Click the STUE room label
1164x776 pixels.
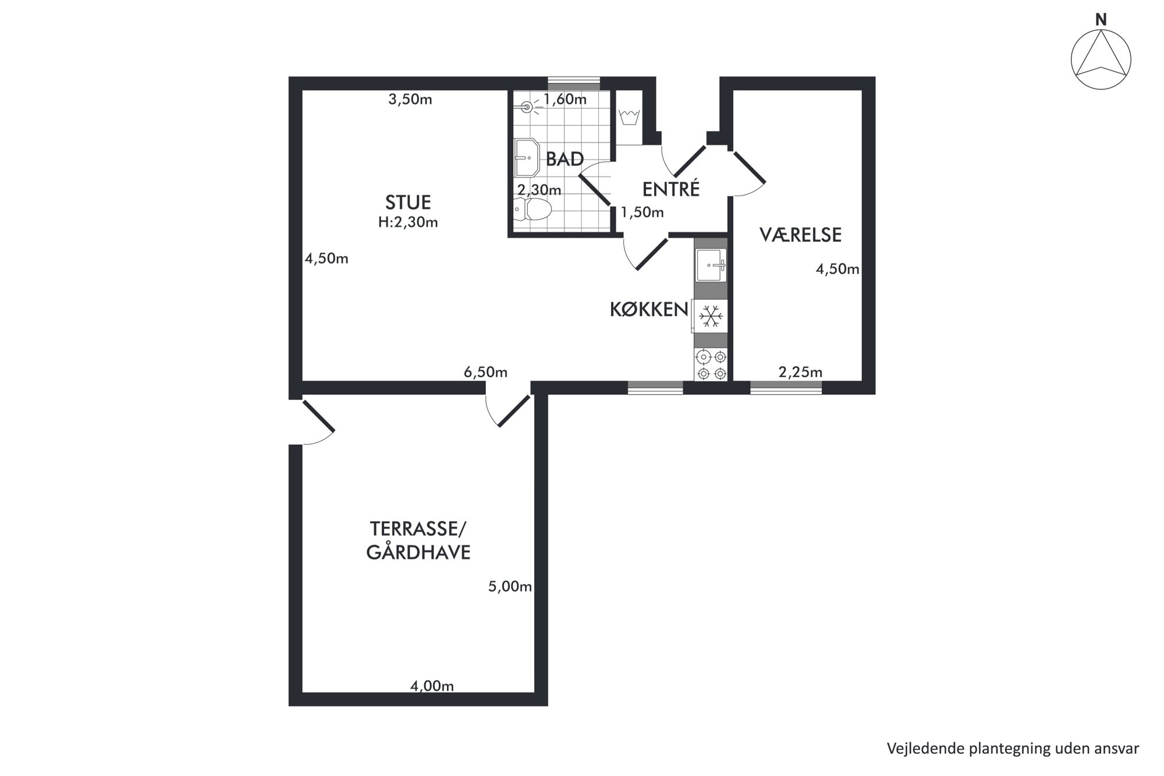click(x=408, y=203)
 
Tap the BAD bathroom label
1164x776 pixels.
click(x=565, y=159)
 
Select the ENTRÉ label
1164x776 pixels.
click(x=670, y=189)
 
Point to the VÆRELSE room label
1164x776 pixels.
click(x=800, y=235)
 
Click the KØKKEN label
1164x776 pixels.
click(x=649, y=310)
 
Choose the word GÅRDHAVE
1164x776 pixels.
click(x=418, y=552)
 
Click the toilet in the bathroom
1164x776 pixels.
click(x=533, y=209)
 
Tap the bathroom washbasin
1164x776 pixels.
click(x=527, y=157)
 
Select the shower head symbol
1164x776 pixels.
click(x=527, y=107)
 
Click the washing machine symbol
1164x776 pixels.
click(x=629, y=117)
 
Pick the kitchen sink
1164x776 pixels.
click(x=711, y=265)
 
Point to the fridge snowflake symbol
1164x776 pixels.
click(x=710, y=316)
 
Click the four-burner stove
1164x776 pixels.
click(x=711, y=365)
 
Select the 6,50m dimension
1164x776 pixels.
click(x=485, y=372)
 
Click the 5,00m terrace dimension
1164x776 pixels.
click(x=510, y=586)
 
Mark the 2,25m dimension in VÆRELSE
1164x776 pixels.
click(x=800, y=372)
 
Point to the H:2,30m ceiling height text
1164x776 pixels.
click(x=408, y=222)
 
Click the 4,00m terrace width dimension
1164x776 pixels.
click(x=432, y=686)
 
